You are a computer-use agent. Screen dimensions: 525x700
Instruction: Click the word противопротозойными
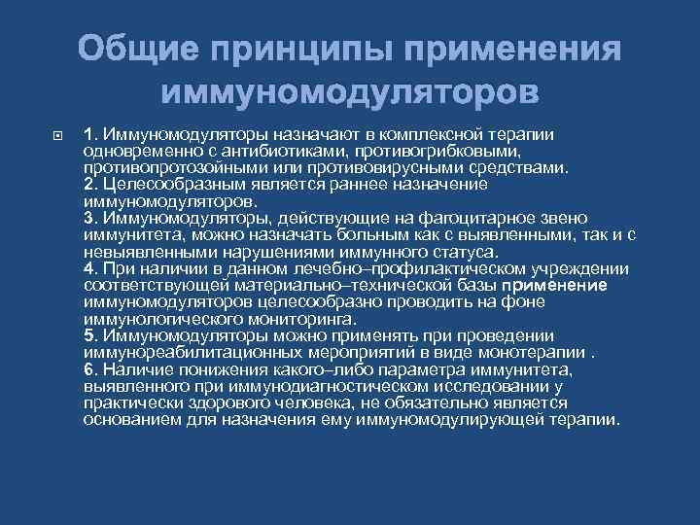point(173,166)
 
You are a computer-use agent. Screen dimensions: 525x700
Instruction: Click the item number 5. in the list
point(90,335)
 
